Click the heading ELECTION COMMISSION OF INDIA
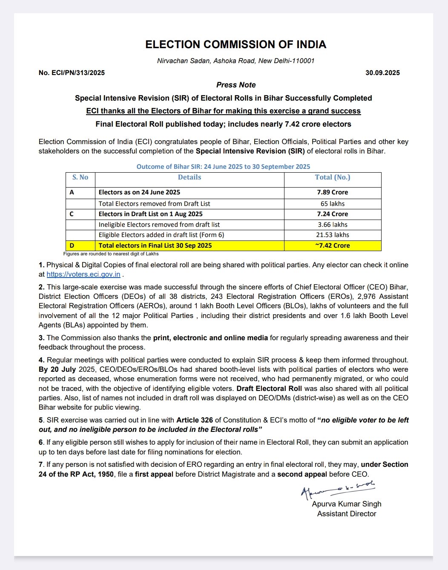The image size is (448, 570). coord(235,45)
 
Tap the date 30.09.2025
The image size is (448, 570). coord(382,73)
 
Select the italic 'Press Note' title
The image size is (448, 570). coord(236,85)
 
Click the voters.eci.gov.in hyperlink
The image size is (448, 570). coord(83,275)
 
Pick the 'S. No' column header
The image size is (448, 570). coord(80,177)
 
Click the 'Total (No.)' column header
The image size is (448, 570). coord(332,177)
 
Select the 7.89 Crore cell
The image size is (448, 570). coord(332,192)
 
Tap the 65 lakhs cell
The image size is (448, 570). coord(332,204)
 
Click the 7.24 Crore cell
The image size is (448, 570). coord(332,214)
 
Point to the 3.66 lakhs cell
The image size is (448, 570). coord(332,225)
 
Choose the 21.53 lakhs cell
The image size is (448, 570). coord(332,235)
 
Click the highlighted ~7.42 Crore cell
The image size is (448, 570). coord(332,246)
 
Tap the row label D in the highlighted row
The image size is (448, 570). coord(72,246)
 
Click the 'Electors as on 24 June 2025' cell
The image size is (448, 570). coord(139,192)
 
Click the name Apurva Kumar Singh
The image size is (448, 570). coord(347,504)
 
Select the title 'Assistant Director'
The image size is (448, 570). coord(347,514)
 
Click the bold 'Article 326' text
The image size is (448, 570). coord(195,420)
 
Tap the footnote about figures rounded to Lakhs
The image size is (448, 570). coord(111,254)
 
